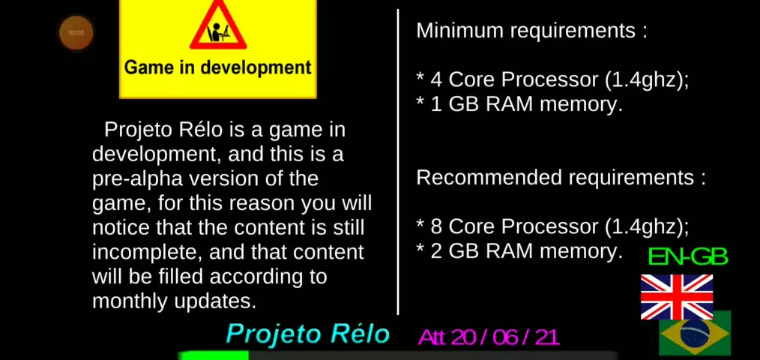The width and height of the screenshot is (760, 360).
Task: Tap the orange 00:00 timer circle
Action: tap(76, 33)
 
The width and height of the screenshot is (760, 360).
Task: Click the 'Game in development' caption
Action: tap(217, 67)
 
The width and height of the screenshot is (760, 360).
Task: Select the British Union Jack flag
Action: tap(677, 297)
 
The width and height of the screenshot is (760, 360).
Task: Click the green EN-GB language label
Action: tap(688, 257)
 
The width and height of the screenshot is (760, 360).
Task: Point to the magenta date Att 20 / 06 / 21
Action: tap(489, 337)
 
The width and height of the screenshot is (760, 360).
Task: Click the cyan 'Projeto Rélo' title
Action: tap(308, 334)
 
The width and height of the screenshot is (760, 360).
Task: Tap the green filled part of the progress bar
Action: tap(214, 355)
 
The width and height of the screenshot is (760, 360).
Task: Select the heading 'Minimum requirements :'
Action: tap(531, 31)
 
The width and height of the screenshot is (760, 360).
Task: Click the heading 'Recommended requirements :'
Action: tap(561, 178)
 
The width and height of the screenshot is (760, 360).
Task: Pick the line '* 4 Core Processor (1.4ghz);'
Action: tap(552, 80)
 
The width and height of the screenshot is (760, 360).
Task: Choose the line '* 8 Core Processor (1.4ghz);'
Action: tap(552, 227)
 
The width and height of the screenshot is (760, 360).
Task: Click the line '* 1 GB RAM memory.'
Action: tap(519, 105)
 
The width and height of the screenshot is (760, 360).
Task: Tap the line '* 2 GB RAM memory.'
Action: tap(519, 251)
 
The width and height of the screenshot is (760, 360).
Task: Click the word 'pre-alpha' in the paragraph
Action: tap(138, 179)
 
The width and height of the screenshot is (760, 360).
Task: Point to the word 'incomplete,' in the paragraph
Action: tap(146, 253)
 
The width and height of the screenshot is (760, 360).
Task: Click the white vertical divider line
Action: tap(398, 161)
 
